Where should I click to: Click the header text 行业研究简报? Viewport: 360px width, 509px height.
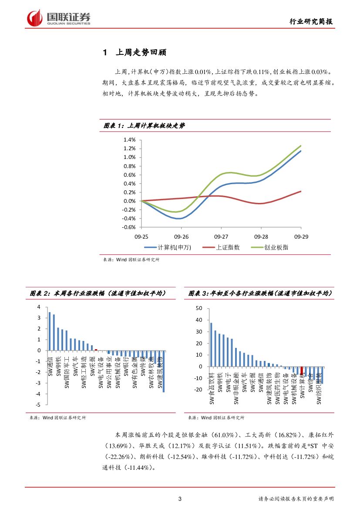[313, 22]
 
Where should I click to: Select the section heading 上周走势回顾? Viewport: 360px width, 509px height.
[141, 53]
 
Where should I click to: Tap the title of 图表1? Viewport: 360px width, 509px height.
[144, 125]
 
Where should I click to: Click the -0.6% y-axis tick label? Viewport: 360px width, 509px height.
[129, 227]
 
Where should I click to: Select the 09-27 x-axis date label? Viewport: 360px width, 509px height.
[221, 236]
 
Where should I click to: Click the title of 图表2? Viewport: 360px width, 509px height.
[98, 294]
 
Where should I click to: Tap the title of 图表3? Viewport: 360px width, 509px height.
[260, 294]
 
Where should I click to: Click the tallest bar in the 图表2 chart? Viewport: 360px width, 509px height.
[50, 331]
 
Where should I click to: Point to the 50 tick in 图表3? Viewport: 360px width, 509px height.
[199, 308]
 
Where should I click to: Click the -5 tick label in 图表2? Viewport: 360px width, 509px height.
[38, 405]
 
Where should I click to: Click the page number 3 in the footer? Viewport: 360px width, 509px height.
[180, 499]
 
